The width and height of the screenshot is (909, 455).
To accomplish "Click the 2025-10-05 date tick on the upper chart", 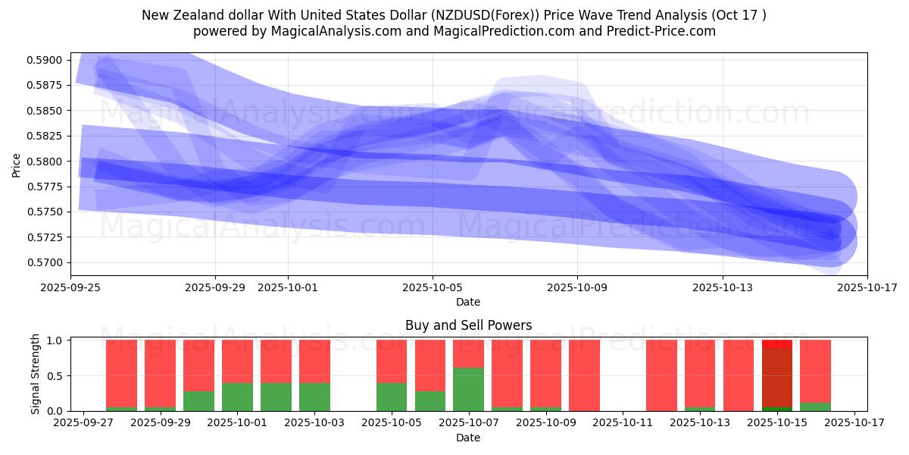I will click(433, 287).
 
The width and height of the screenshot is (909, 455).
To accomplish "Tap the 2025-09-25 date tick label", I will click(70, 287).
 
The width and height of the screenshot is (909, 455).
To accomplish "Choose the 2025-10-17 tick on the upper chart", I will click(867, 287).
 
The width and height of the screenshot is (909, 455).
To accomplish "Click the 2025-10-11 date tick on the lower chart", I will click(623, 423).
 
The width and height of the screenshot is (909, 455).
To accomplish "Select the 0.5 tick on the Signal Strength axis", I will click(56, 375).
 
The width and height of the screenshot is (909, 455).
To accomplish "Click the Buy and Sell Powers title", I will click(468, 325).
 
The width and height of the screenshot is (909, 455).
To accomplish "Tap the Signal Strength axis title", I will click(36, 375).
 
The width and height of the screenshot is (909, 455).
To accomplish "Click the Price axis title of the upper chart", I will click(17, 164).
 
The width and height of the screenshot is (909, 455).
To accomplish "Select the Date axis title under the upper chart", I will click(468, 302).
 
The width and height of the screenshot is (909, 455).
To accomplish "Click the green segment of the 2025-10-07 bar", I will click(468, 389).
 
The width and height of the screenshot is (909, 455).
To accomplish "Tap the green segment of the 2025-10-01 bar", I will click(237, 397).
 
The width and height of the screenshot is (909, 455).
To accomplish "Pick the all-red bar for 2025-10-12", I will click(661, 375).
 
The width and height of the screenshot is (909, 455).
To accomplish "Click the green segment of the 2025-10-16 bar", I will click(815, 406).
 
